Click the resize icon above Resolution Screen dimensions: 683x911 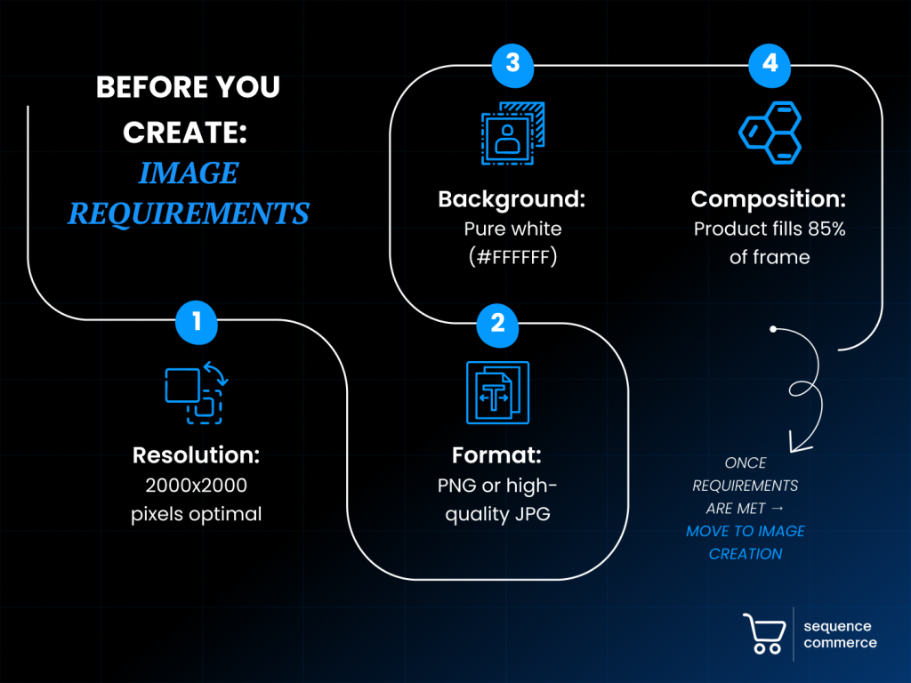[x=197, y=391]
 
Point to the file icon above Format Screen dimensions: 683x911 [x=497, y=392]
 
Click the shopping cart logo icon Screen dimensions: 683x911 [x=764, y=634]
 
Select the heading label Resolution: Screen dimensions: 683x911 [x=196, y=455]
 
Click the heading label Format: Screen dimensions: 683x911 [x=496, y=455]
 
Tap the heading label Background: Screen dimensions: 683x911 [x=512, y=199]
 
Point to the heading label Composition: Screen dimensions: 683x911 [x=769, y=199]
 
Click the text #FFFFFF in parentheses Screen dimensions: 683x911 [x=512, y=257]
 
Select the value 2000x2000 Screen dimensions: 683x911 [x=196, y=486]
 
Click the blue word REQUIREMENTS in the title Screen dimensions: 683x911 [x=189, y=213]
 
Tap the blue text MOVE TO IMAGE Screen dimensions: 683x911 [x=746, y=531]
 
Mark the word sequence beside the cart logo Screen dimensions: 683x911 [x=837, y=626]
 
